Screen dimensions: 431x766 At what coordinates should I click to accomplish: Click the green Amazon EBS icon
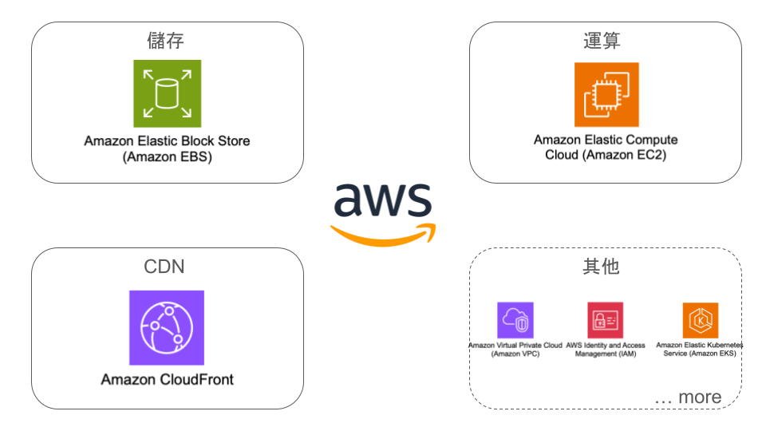pyautogui.click(x=167, y=93)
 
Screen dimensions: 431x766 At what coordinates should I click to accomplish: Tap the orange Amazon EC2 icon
pyautogui.click(x=606, y=95)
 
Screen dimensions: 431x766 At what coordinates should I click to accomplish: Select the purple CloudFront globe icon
pyautogui.click(x=166, y=327)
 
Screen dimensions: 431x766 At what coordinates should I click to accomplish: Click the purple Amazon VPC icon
pyautogui.click(x=515, y=320)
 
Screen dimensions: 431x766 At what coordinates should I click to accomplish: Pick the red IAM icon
pyautogui.click(x=605, y=320)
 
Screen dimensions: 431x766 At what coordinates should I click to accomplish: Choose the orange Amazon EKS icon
pyautogui.click(x=700, y=320)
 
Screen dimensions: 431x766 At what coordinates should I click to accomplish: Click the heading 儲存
pyautogui.click(x=167, y=40)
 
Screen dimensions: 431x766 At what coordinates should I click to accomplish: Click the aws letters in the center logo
pyautogui.click(x=383, y=200)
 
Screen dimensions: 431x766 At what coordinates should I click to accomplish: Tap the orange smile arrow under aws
pyautogui.click(x=383, y=233)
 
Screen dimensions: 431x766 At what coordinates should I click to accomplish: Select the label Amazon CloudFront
pyautogui.click(x=167, y=379)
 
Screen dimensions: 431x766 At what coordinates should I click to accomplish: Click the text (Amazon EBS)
pyautogui.click(x=167, y=157)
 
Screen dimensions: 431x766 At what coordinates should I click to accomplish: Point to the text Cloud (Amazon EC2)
pyautogui.click(x=605, y=155)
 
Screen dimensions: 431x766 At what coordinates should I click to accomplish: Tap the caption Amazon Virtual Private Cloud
pyautogui.click(x=515, y=345)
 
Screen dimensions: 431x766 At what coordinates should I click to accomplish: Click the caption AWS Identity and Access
pyautogui.click(x=605, y=345)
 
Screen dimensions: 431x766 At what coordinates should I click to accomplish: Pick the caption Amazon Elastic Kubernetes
pyautogui.click(x=699, y=345)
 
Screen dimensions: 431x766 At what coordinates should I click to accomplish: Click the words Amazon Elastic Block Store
pyautogui.click(x=167, y=140)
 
